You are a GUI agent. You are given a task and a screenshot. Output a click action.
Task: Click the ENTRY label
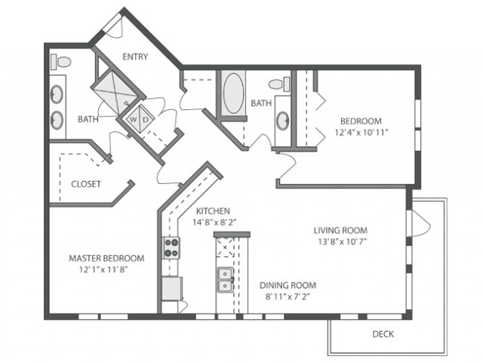point(135,57)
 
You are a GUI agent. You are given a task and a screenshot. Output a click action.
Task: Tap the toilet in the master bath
point(61,62)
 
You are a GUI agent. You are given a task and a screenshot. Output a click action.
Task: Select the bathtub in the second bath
point(233,93)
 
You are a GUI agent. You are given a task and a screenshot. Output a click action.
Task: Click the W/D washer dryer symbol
point(140,119)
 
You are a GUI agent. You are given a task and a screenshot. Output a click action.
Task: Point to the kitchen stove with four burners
point(171,248)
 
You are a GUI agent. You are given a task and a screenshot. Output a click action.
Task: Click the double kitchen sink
point(225,280)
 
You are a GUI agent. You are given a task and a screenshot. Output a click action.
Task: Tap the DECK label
point(383,334)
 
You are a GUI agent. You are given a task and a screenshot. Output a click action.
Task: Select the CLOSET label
point(86,184)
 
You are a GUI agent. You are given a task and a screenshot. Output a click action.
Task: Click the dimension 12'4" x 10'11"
point(361,133)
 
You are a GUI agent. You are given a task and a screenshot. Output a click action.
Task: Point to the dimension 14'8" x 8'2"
point(214,222)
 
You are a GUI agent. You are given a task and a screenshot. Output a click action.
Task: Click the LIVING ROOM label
point(340,230)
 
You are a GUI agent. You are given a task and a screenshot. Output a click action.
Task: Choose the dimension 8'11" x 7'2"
point(288,296)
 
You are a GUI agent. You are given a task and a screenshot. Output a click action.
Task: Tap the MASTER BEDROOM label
point(106,258)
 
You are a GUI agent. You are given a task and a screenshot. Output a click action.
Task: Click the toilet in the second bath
point(279,84)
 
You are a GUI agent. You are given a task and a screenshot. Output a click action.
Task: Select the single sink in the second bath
point(282,121)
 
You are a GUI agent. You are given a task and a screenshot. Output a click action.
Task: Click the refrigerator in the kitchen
point(172,288)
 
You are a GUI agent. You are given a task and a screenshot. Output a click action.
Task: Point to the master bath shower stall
point(115,91)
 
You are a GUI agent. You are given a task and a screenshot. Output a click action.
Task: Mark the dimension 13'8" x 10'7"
point(342,241)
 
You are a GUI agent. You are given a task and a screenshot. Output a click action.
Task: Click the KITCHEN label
point(213,211)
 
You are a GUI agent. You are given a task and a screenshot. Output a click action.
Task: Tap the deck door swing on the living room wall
point(420,223)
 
